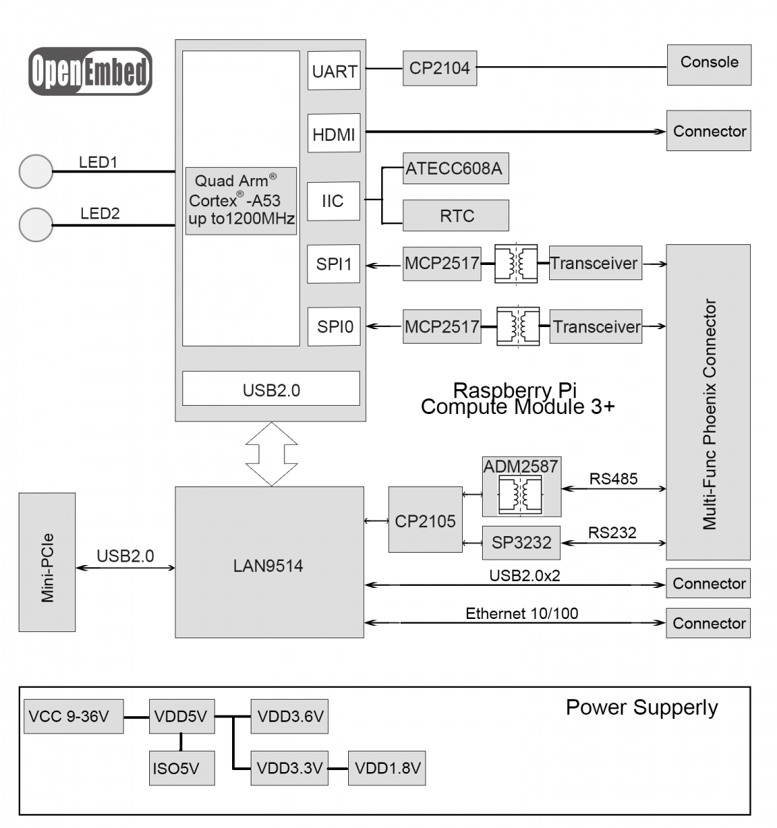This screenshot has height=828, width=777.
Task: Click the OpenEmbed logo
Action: [90, 71]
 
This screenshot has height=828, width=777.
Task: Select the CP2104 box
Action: [440, 68]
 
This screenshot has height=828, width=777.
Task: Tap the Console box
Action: [709, 65]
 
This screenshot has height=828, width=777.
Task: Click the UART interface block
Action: [334, 70]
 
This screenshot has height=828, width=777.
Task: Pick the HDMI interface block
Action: [334, 133]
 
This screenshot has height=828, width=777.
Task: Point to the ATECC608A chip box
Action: [456, 168]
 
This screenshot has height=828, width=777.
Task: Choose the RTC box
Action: [456, 215]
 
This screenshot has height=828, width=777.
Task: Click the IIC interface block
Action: [334, 201]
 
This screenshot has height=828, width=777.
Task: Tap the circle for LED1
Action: [36, 171]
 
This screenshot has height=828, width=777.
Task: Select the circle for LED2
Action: [36, 225]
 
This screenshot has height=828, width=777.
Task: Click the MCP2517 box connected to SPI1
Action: [442, 264]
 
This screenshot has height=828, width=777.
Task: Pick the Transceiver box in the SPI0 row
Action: [596, 326]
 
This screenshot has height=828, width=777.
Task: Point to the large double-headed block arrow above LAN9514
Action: [271, 454]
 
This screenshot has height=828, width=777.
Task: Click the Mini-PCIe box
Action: [47, 562]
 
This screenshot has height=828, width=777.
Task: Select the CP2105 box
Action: [425, 520]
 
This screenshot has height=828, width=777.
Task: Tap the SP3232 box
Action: [521, 543]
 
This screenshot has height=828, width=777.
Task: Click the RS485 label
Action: [613, 479]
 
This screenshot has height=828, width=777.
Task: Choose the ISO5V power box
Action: [182, 769]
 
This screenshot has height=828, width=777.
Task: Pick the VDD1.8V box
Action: [387, 769]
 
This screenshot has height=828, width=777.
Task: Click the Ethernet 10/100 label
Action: [522, 613]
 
